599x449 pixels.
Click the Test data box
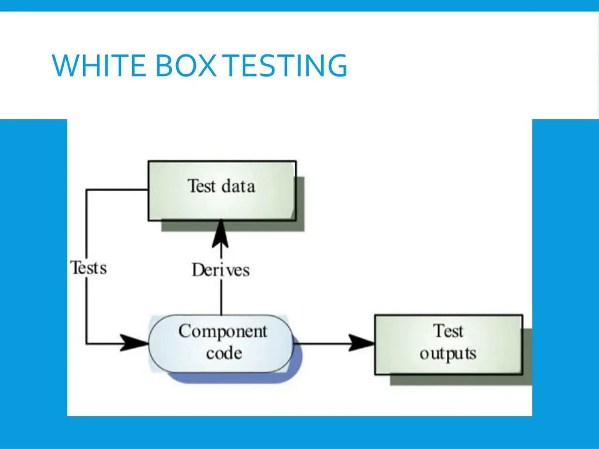pos(222,191)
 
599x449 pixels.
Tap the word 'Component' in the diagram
pos(223,331)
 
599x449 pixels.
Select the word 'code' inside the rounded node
pos(223,354)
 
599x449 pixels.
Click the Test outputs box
pos(448,344)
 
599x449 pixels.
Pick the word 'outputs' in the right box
pos(448,354)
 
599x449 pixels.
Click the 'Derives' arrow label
pos(221,270)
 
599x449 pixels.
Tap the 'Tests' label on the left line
pos(88,268)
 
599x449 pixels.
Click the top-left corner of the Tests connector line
pos(87,189)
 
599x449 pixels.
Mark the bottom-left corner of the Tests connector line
pos(87,343)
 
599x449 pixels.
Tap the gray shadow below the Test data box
pos(234,226)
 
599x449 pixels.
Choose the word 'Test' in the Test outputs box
pos(448,331)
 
